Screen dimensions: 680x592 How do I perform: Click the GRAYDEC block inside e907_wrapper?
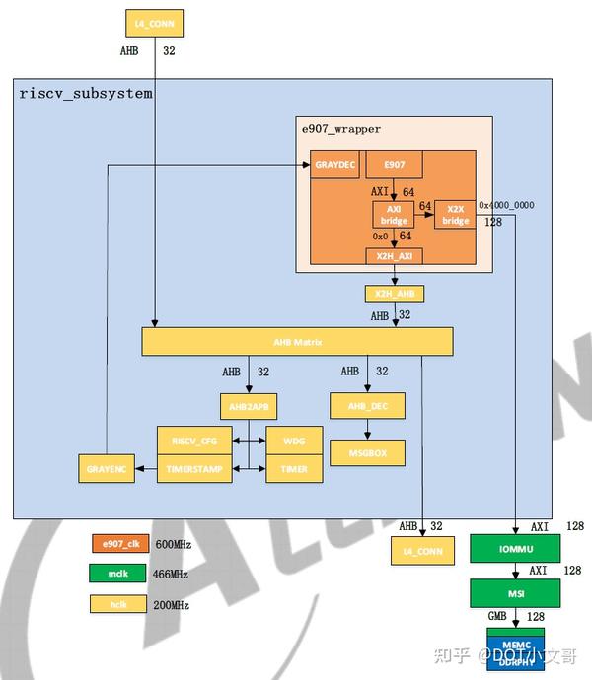point(336,165)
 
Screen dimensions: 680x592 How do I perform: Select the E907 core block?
point(394,165)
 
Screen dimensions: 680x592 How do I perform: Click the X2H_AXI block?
point(394,256)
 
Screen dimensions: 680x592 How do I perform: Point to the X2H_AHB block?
point(394,294)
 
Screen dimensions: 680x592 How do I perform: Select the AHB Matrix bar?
point(297,342)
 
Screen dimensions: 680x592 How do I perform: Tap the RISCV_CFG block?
point(194,441)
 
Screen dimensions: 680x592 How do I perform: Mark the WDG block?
point(294,441)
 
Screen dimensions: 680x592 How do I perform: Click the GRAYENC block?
point(106,469)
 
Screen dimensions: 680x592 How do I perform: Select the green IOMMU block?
point(515,548)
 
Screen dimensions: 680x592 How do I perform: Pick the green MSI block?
point(515,593)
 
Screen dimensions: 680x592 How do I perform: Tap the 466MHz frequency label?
point(170,575)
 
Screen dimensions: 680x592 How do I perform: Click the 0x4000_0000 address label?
point(507,205)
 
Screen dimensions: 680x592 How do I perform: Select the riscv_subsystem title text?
point(86,93)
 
